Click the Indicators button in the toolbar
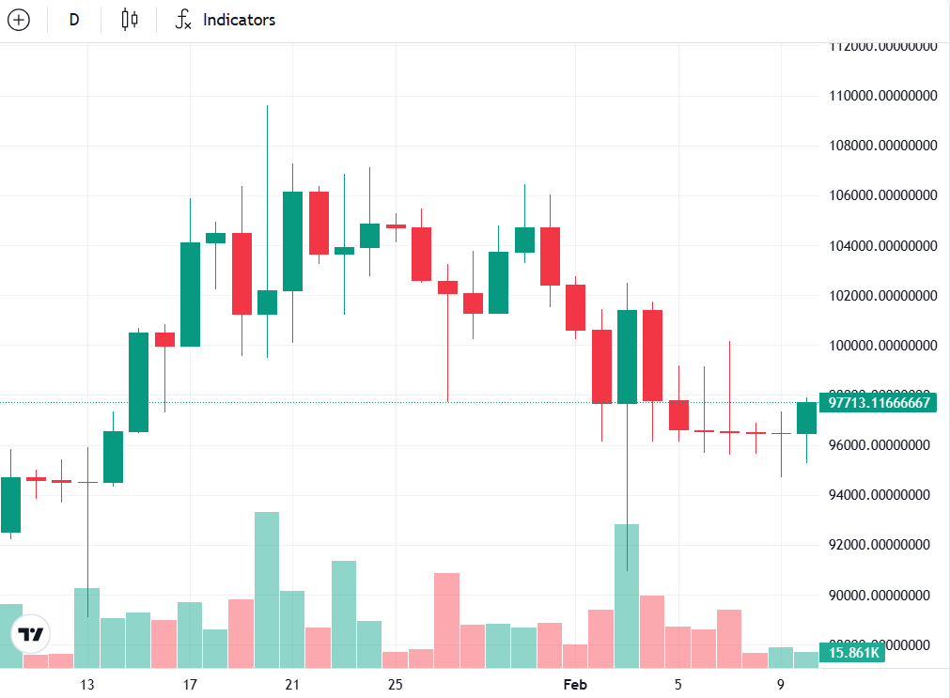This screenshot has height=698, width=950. pyautogui.click(x=226, y=20)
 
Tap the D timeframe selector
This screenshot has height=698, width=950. pyautogui.click(x=74, y=20)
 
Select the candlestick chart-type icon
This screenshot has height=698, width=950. pyautogui.click(x=130, y=20)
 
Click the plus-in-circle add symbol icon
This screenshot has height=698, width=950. pyautogui.click(x=19, y=20)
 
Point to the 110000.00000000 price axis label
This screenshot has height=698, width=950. pyautogui.click(x=882, y=96)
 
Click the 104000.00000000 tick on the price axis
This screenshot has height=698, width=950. pyautogui.click(x=882, y=246)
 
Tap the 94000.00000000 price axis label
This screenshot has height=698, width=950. pyautogui.click(x=882, y=495)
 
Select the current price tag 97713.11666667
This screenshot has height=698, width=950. pyautogui.click(x=879, y=403)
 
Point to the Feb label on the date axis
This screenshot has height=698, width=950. pyautogui.click(x=574, y=684)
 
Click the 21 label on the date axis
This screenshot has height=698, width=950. pyautogui.click(x=292, y=684)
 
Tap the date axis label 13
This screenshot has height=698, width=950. pyautogui.click(x=87, y=684)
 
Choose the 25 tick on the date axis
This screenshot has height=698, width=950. pyautogui.click(x=395, y=684)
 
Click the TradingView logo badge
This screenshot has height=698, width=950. pyautogui.click(x=30, y=635)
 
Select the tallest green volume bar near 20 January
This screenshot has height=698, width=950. pyautogui.click(x=267, y=589)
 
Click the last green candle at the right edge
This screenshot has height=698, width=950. pyautogui.click(x=806, y=418)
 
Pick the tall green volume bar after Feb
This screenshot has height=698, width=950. pyautogui.click(x=627, y=596)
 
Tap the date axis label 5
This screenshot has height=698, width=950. pyautogui.click(x=677, y=684)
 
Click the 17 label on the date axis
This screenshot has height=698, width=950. pyautogui.click(x=190, y=684)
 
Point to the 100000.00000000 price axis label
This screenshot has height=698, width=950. pyautogui.click(x=882, y=346)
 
